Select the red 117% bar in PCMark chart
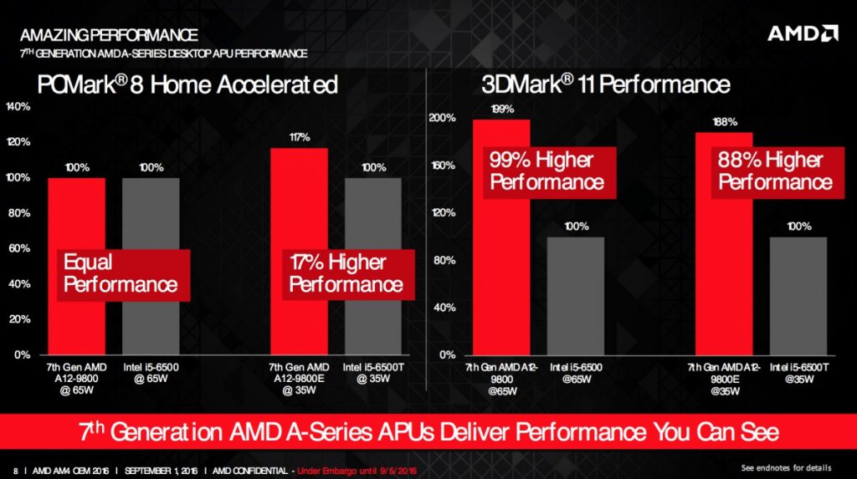point(299,209)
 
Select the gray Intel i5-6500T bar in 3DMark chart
point(798,296)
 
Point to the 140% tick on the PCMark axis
point(18,107)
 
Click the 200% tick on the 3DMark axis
point(444,118)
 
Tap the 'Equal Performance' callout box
point(121,273)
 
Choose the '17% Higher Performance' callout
point(346,273)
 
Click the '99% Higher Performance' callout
point(547,171)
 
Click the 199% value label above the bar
point(501,109)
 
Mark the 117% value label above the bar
point(299,137)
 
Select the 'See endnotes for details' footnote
point(791,466)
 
